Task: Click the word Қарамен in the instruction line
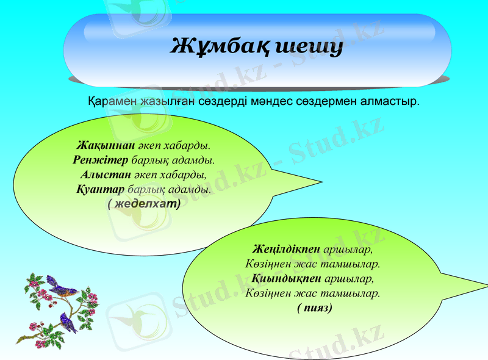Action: [112, 100]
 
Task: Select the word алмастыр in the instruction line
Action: [390, 100]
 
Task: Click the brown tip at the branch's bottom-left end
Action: [18, 342]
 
